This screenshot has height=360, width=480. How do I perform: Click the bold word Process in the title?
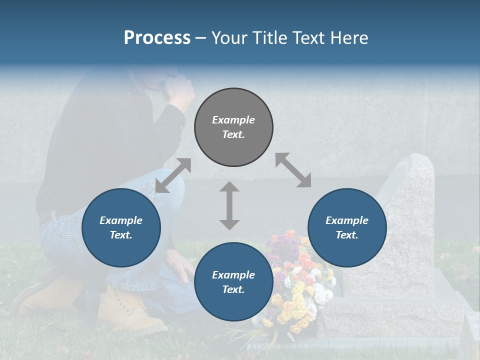[x=157, y=38]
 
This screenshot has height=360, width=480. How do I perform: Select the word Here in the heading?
[x=349, y=38]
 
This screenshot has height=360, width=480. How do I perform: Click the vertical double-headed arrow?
[x=229, y=205]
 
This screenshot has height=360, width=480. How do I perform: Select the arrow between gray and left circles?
[x=173, y=175]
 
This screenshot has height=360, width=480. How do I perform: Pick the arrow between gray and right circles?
[x=293, y=170]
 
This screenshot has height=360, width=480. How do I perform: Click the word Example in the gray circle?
[x=233, y=120]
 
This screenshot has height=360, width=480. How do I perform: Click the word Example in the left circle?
[x=121, y=220]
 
